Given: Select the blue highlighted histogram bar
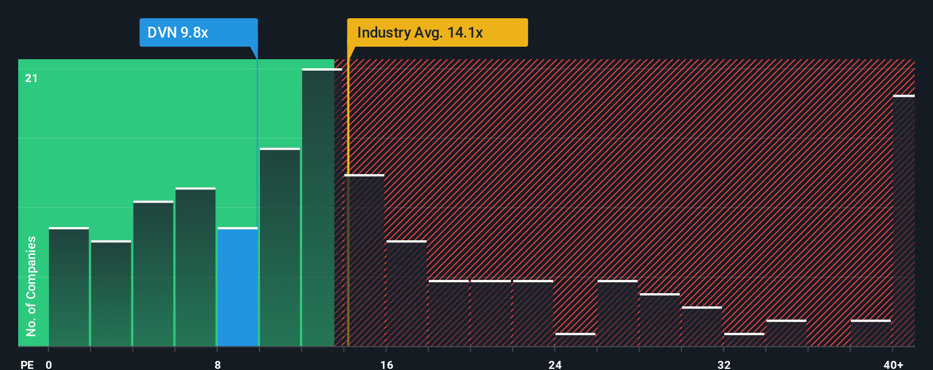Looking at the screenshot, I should click(x=238, y=287).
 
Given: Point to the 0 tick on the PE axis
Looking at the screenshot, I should click(x=49, y=364).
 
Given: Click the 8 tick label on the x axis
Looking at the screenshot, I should click(x=218, y=364).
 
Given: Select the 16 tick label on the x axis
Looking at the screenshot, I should click(x=386, y=364).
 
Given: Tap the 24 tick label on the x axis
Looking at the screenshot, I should click(x=555, y=364).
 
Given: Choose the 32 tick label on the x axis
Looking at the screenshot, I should click(x=724, y=364).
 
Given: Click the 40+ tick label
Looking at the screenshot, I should click(x=893, y=364).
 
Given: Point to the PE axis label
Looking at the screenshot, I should click(x=27, y=364).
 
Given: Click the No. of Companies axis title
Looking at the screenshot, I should click(x=31, y=286).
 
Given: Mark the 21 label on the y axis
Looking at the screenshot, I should click(x=31, y=78).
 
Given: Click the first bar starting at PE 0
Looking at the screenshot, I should click(x=69, y=287).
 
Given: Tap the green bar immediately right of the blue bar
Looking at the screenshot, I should click(x=280, y=248).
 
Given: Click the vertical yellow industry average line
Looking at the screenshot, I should click(x=348, y=228).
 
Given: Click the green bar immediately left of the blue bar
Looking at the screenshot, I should click(x=196, y=267).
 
